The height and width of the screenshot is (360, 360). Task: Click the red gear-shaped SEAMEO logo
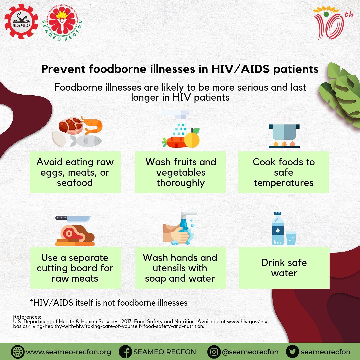point(21,21)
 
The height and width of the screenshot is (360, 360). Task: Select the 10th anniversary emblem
point(332,23)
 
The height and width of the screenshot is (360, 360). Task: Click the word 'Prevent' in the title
point(63,69)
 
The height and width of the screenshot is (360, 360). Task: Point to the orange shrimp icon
point(92,125)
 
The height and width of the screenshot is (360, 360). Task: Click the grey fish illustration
point(86,141)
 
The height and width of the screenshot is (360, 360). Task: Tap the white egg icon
point(59,139)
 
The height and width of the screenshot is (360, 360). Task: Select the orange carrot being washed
point(176,142)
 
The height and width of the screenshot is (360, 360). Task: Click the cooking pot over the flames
point(284,132)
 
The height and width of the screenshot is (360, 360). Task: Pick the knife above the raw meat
point(73,219)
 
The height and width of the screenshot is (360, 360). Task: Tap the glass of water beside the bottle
point(291,238)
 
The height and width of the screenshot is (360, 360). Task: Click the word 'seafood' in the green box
point(75,183)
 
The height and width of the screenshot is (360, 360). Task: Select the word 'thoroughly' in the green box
point(181,183)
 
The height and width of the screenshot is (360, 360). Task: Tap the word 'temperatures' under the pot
point(284,183)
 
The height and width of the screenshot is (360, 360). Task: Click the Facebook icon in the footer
point(125,352)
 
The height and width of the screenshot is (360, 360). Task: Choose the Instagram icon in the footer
point(214,352)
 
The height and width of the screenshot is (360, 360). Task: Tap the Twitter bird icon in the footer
point(292,352)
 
